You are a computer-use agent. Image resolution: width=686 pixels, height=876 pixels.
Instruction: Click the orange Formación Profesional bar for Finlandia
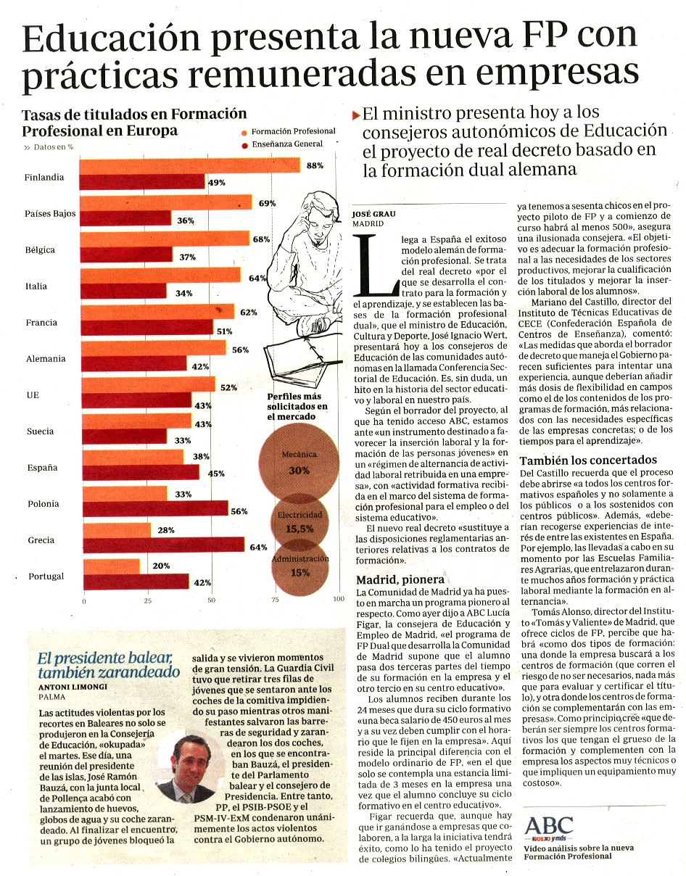point(190,165)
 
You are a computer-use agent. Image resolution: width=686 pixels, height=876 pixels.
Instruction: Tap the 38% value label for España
point(201,456)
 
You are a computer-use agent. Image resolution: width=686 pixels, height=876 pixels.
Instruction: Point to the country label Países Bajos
point(50,213)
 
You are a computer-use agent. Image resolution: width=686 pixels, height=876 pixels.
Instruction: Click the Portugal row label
point(46,576)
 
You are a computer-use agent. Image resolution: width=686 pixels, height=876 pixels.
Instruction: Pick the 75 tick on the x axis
point(275,600)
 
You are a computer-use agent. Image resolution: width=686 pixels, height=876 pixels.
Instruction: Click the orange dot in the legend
point(244,133)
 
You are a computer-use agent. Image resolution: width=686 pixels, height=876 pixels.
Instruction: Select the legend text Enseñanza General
point(287,144)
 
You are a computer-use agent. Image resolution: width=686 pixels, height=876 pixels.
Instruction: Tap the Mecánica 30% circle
point(299,462)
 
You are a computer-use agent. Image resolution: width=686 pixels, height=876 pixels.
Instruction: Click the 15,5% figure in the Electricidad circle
point(299,529)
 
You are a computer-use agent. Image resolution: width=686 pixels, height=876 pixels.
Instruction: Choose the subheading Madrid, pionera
point(400,579)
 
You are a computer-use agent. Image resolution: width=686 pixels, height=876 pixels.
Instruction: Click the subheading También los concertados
point(588,460)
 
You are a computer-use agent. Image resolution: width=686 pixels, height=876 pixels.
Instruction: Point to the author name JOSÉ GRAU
point(373,214)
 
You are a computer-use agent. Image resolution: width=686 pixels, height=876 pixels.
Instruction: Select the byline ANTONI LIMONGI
point(73,687)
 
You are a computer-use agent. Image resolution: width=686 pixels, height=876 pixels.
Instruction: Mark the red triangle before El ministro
point(355,116)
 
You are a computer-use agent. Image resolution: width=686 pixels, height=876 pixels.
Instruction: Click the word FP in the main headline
point(547,36)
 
